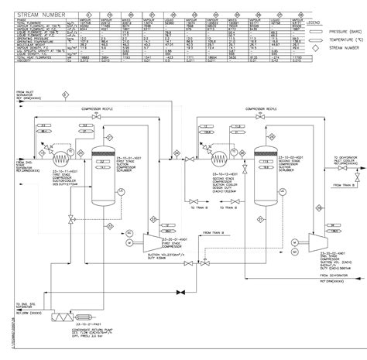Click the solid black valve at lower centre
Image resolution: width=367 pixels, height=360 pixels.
click(180, 292)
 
